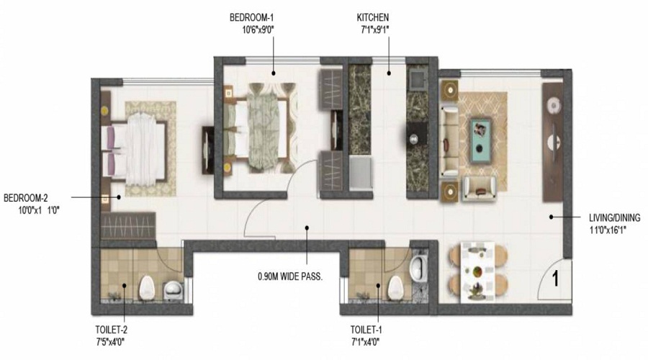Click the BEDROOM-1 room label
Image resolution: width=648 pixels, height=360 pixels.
pos(251,18)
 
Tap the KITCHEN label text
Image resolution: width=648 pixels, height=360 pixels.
pos(373,18)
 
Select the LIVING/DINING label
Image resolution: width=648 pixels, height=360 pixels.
pos(614,218)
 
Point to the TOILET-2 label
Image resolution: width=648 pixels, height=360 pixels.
pos(111,330)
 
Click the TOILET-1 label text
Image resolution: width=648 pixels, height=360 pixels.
pos(366,330)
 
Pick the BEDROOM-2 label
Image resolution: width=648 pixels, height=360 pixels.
pos(25,198)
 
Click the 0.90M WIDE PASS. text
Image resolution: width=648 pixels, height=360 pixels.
pos(290,276)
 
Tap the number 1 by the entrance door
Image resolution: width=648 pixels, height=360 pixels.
pos(555,279)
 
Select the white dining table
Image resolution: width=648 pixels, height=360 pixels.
pos(478,272)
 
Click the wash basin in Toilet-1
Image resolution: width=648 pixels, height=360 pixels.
pos(418,266)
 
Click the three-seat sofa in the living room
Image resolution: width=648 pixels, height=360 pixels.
pos(449,141)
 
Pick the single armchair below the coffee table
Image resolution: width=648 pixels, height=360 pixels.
pos(479,189)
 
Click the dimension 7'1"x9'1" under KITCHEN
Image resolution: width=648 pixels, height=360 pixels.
pos(375,30)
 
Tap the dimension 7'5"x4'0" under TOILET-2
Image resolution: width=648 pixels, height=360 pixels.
pos(110,342)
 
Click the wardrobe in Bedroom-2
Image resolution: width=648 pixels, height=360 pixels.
pos(128,225)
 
